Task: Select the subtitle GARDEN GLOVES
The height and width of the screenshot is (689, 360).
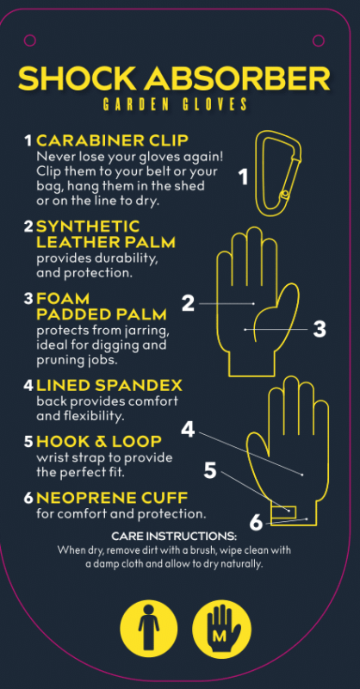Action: pyautogui.click(x=175, y=104)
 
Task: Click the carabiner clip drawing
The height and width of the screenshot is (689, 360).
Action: pyautogui.click(x=279, y=173)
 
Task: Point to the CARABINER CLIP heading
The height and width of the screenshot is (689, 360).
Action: pyautogui.click(x=113, y=140)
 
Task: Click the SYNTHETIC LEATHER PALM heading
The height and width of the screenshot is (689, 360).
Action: pyautogui.click(x=106, y=234)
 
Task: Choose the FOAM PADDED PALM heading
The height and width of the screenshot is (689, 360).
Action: pyautogui.click(x=102, y=307)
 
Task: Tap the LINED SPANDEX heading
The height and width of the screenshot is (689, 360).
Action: pyautogui.click(x=109, y=385)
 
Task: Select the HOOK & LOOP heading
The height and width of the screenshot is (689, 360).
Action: pyautogui.click(x=99, y=441)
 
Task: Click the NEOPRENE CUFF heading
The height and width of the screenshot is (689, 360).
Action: pyautogui.click(x=112, y=498)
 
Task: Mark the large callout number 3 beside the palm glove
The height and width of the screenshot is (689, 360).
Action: pyautogui.click(x=320, y=329)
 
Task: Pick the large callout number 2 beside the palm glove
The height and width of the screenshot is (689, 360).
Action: pyautogui.click(x=188, y=303)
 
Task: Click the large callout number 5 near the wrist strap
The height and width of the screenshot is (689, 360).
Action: pyautogui.click(x=210, y=470)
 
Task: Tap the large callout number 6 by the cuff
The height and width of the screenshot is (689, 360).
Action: pyautogui.click(x=257, y=523)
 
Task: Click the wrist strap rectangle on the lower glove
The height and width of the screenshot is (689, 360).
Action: pyautogui.click(x=283, y=512)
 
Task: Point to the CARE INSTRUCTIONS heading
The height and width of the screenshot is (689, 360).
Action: pyautogui.click(x=174, y=537)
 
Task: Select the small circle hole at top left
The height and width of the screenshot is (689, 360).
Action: pyautogui.click(x=30, y=40)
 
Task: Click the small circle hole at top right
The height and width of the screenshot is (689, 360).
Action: pyautogui.click(x=319, y=40)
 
